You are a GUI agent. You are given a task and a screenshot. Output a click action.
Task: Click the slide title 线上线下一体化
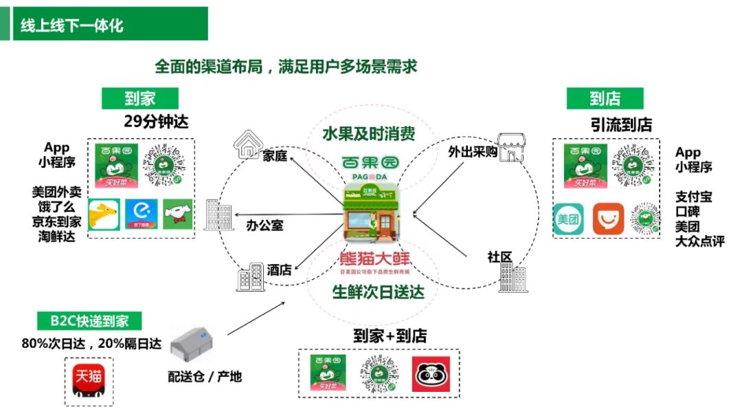tap(72, 25)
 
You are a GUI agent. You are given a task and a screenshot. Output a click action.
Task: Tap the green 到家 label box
tap(139, 98)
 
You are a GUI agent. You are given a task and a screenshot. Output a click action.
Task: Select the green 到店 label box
tap(605, 98)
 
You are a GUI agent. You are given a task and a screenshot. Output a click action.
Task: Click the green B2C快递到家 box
tap(89, 321)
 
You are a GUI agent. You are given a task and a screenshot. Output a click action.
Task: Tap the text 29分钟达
tap(156, 122)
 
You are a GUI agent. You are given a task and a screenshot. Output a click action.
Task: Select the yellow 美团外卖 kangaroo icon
tap(104, 216)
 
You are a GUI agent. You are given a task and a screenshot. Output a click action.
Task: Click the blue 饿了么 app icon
tap(142, 216)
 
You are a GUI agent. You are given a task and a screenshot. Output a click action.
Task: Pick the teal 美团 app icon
tap(568, 220)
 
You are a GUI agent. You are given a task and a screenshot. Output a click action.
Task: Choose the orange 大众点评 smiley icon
tap(608, 220)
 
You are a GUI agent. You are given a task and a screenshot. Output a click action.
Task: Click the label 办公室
tap(265, 225)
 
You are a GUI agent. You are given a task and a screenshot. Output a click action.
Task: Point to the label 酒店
tap(280, 270)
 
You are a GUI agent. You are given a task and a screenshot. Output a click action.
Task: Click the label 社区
tap(500, 257)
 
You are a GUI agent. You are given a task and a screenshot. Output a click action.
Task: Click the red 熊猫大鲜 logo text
tap(374, 259)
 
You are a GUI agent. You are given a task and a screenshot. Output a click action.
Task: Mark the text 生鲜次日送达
tap(378, 291)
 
